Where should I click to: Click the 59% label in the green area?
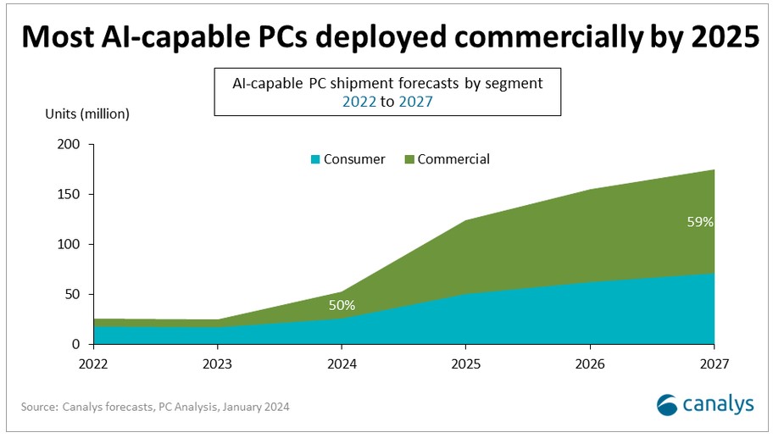(x=700, y=223)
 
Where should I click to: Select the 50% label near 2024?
(x=342, y=305)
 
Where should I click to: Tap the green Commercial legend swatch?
(x=409, y=159)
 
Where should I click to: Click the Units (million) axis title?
(x=87, y=112)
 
